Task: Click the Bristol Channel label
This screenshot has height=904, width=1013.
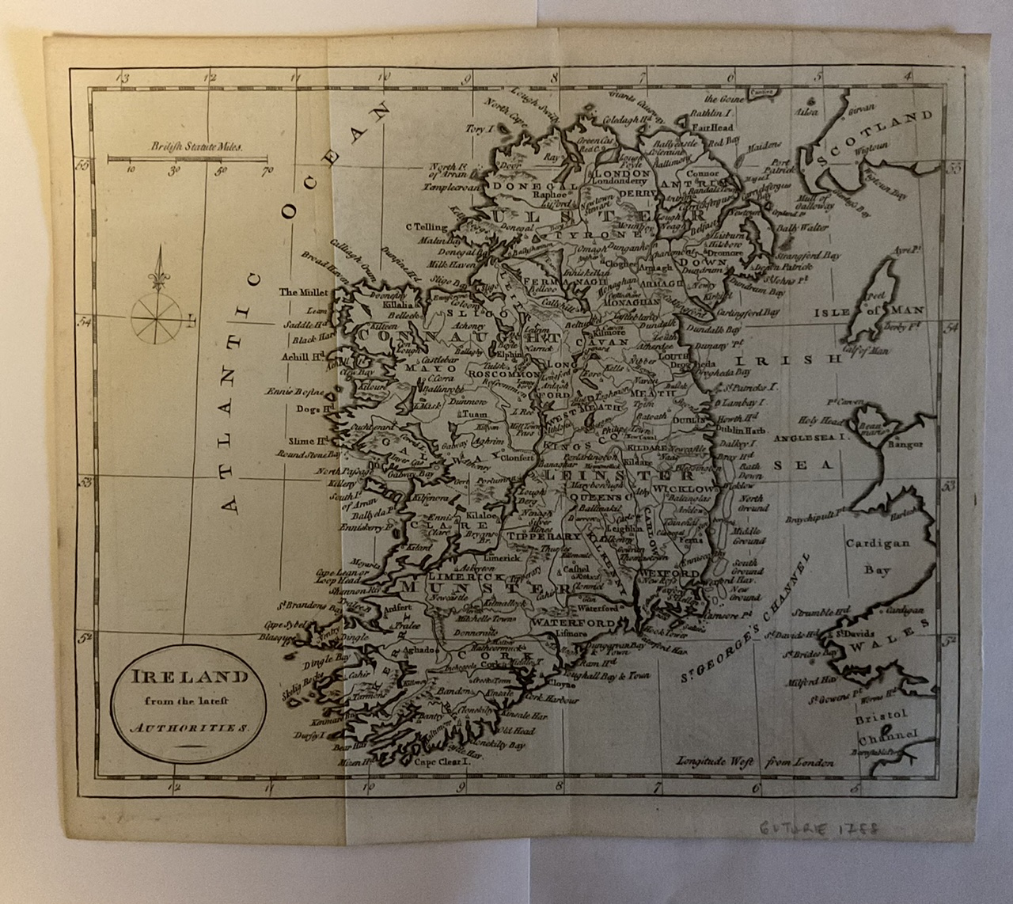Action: [885, 729]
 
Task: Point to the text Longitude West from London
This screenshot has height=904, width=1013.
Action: [754, 762]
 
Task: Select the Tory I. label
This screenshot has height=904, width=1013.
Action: [480, 127]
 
